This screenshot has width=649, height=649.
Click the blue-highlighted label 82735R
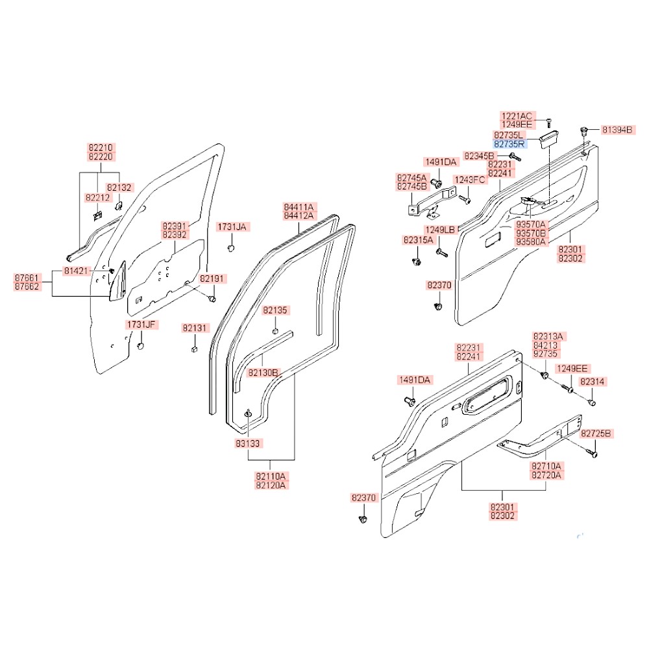(511, 144)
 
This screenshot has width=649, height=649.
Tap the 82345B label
(480, 156)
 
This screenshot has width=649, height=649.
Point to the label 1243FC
(471, 179)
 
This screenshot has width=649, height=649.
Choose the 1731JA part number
(232, 227)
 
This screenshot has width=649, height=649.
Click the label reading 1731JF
(141, 324)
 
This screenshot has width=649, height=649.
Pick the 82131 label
(195, 328)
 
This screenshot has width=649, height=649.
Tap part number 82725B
(596, 433)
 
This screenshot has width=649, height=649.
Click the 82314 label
(593, 382)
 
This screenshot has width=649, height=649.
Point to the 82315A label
(418, 240)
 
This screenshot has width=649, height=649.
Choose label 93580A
(532, 241)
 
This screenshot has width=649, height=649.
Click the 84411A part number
(298, 206)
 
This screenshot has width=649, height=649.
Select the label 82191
(212, 278)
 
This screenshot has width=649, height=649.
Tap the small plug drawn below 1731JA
(230, 248)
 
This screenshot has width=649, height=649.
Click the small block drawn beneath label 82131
(194, 350)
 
